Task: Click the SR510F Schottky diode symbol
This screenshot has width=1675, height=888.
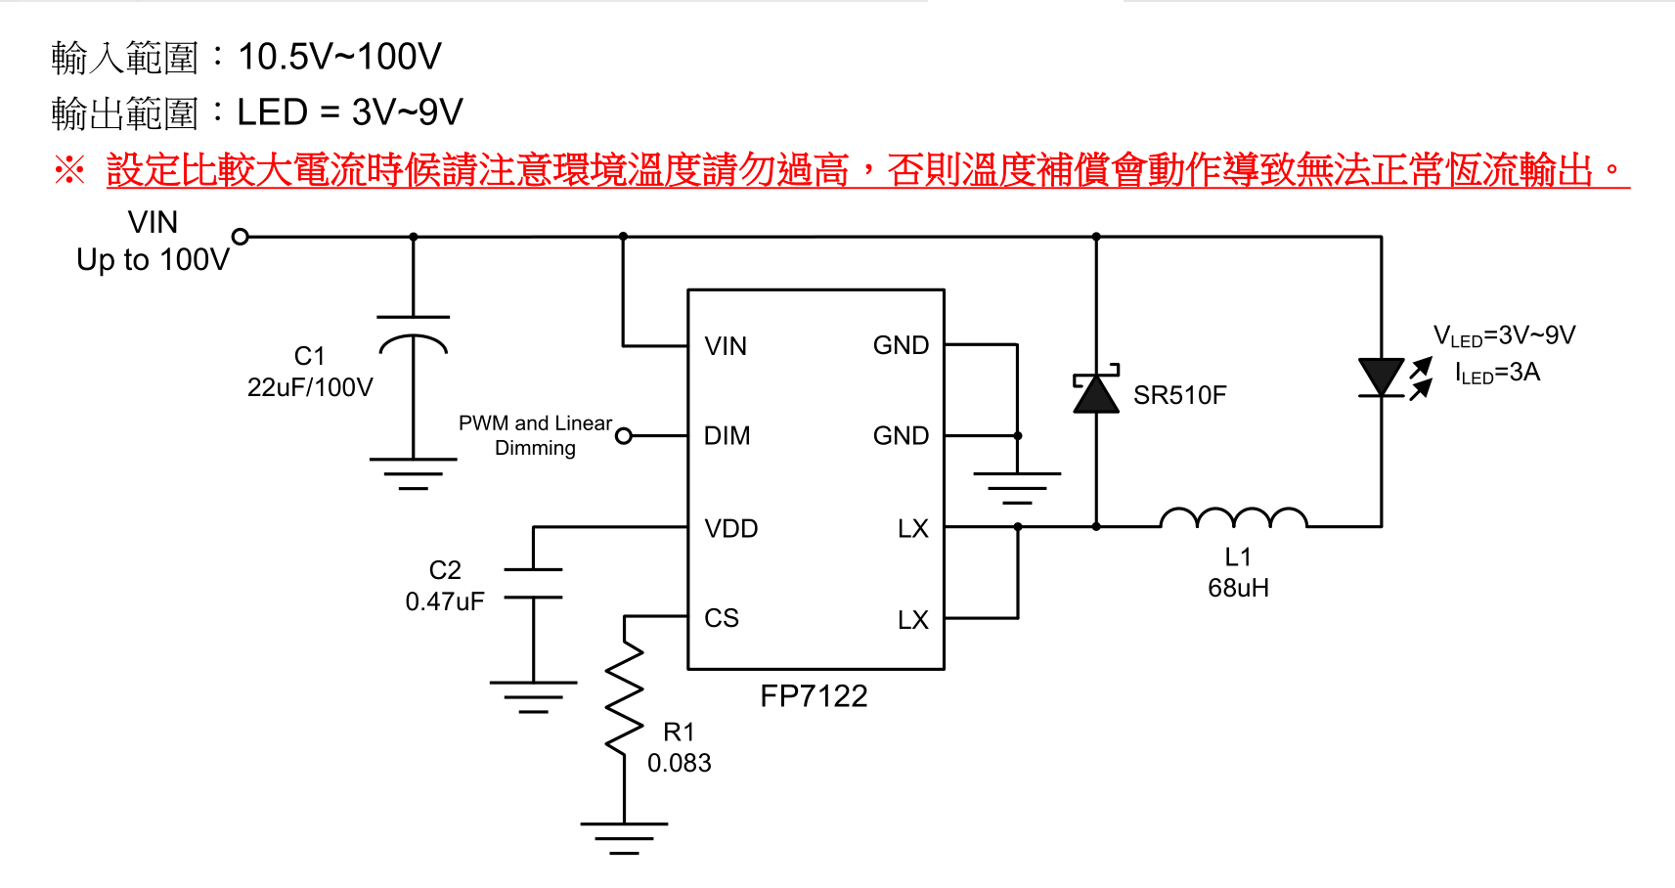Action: [1096, 392]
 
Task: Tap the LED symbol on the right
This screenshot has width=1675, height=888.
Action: [1382, 377]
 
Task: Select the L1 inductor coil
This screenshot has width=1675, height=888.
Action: [1233, 518]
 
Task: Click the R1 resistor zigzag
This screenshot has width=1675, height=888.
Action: [624, 698]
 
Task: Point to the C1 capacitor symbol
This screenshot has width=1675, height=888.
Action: [414, 333]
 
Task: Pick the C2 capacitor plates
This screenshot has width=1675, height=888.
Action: [533, 583]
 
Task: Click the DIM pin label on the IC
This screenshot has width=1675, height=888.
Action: [727, 436]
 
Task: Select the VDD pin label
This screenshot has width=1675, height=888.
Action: [731, 529]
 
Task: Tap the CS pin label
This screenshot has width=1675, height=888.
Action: [722, 618]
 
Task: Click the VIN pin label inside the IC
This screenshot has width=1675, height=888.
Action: [726, 346]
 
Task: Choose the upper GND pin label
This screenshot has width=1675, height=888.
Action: [901, 345]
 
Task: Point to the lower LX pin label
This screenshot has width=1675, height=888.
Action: [912, 620]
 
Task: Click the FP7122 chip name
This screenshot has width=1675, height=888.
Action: [814, 696]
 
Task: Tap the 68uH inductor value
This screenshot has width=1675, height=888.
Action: [1238, 588]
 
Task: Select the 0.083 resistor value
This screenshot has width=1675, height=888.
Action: [679, 763]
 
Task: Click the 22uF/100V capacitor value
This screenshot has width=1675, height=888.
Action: [310, 387]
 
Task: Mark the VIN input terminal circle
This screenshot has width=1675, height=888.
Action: [241, 236]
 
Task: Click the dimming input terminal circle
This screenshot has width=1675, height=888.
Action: [624, 436]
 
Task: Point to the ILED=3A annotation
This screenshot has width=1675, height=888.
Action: [1497, 373]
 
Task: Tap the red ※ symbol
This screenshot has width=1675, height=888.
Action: [69, 170]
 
